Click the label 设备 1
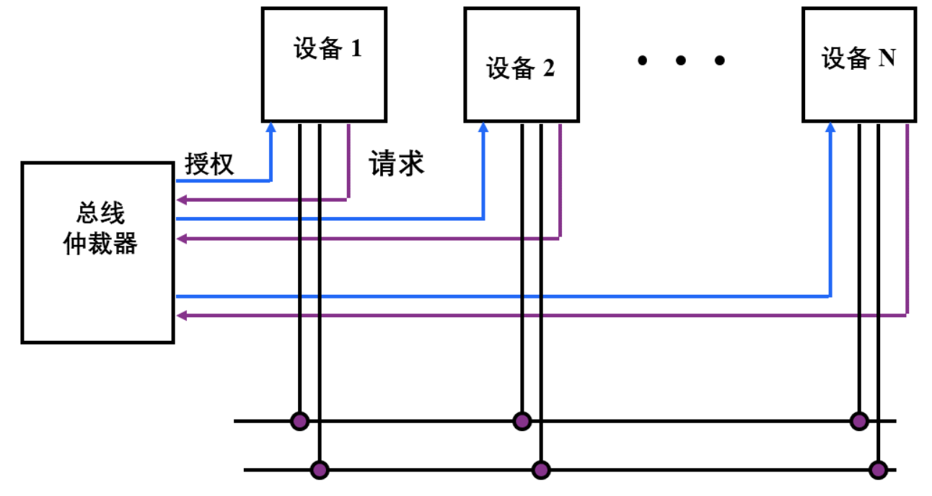tap(327, 49)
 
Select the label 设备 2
tap(520, 68)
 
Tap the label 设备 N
tap(858, 58)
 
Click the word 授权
tap(209, 164)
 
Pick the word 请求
tap(397, 164)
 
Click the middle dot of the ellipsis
tap(680, 61)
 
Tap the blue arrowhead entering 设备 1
tap(271, 127)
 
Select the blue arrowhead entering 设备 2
tap(483, 127)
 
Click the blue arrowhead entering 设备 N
tap(830, 127)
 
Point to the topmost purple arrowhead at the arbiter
tap(181, 200)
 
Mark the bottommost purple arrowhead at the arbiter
tap(181, 315)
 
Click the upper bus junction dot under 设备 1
tap(299, 420)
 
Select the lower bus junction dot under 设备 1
tap(319, 471)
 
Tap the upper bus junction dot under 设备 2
tap(522, 420)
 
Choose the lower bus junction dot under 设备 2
tap(541, 471)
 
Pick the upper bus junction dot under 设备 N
tap(858, 420)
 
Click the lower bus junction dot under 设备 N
tap(878, 471)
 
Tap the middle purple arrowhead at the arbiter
tap(181, 238)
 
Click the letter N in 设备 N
tap(887, 58)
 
